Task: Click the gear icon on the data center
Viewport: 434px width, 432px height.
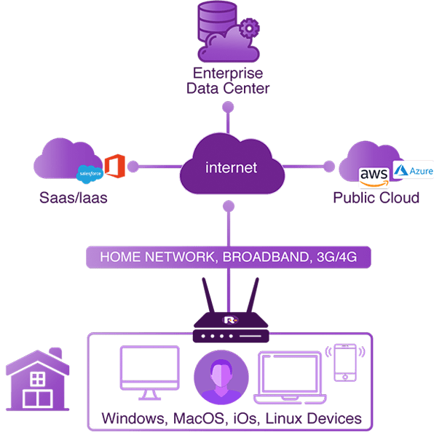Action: [x=249, y=28]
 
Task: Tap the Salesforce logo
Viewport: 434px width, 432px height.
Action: [x=90, y=174]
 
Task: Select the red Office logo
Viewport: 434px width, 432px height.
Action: [x=115, y=166]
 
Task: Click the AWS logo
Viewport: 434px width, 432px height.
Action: [x=374, y=177]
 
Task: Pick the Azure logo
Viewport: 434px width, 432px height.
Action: [x=413, y=170]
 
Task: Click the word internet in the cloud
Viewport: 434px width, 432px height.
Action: [x=231, y=167]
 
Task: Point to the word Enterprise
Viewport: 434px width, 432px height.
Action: [x=228, y=73]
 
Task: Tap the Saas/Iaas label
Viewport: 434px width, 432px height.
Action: [x=74, y=198]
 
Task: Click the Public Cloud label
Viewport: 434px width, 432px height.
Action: [x=376, y=198]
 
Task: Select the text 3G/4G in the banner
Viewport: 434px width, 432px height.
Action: [x=337, y=257]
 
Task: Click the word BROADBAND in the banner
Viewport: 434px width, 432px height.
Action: [x=266, y=257]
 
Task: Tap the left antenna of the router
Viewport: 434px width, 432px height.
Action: [x=208, y=295]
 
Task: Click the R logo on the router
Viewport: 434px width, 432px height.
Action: [x=230, y=320]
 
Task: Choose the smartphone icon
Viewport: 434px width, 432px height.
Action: [x=345, y=363]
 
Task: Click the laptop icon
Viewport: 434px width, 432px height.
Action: [x=290, y=377]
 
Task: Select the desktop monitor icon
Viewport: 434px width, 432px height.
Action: [x=150, y=372]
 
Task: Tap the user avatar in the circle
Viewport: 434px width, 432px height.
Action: [x=221, y=377]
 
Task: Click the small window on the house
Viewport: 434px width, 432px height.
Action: [x=37, y=379]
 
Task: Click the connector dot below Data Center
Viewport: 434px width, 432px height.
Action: [x=228, y=107]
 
